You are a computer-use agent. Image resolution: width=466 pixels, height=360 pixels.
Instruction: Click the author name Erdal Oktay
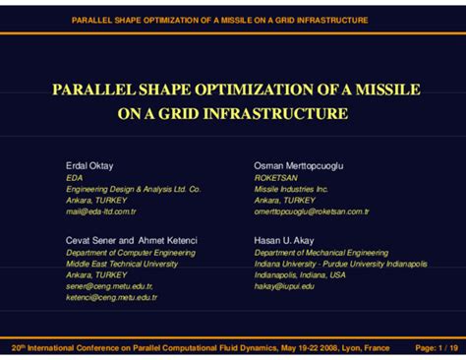(88, 165)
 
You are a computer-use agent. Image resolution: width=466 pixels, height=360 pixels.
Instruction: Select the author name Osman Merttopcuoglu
(299, 165)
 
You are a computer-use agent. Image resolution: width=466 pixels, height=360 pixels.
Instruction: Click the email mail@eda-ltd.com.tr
(100, 210)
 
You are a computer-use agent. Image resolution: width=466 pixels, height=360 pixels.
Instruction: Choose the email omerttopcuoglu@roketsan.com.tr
(311, 210)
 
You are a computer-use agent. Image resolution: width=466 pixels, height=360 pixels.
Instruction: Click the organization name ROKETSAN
(276, 177)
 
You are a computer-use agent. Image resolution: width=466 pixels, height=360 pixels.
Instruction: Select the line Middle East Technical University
(121, 264)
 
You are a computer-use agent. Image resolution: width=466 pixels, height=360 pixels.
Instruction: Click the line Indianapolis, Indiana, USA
(300, 274)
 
